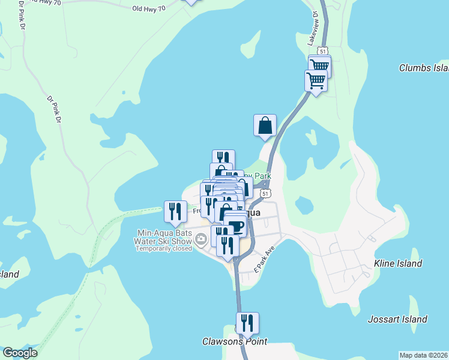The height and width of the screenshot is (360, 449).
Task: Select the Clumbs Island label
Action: tap(424, 68)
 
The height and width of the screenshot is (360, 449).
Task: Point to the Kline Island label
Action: tap(398, 263)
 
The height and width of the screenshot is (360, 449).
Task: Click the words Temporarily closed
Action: tap(163, 248)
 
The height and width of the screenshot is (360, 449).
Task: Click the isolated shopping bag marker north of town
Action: tap(265, 126)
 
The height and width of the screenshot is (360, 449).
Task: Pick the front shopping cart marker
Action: tap(316, 80)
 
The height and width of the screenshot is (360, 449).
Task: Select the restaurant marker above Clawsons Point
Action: tap(247, 324)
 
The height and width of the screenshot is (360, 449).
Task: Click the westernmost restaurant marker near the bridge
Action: tap(175, 211)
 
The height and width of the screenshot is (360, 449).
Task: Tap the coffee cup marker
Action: tap(237, 226)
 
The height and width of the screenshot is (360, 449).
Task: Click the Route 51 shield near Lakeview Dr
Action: tap(324, 51)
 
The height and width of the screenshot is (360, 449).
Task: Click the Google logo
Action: tap(20, 353)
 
